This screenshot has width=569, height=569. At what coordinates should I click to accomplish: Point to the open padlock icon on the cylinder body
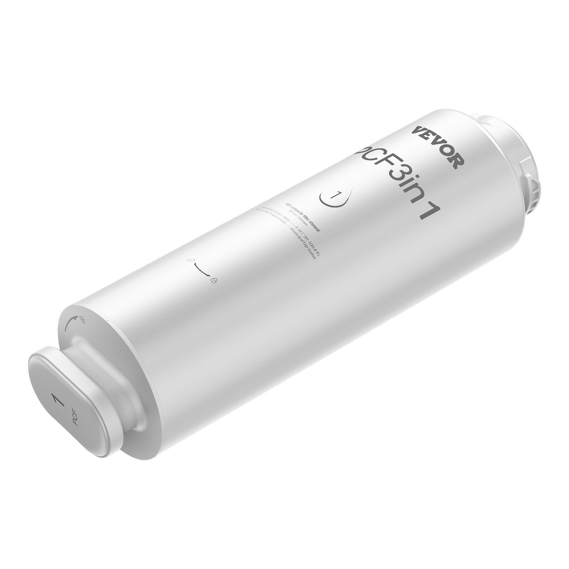pos(191,261)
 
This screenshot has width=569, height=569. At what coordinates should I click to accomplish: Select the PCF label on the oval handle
pos(75,420)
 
